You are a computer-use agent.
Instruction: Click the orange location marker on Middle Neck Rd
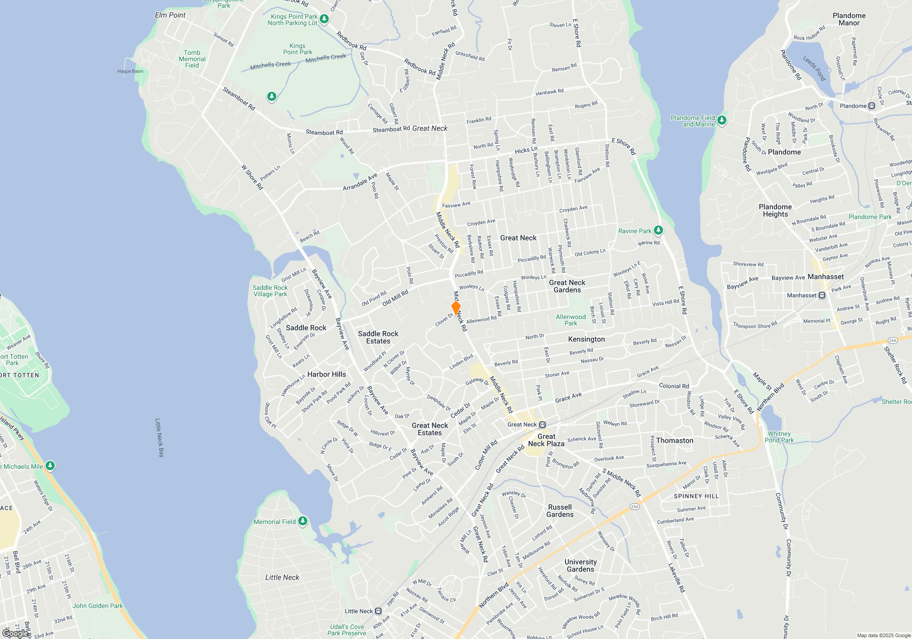[456, 307]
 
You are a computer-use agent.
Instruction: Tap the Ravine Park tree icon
[658, 230]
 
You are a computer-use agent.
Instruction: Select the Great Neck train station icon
[542, 424]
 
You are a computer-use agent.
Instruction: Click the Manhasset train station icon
[822, 295]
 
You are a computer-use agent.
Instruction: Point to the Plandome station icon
[871, 106]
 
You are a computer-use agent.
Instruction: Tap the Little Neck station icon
[378, 611]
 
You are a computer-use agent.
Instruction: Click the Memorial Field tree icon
[302, 521]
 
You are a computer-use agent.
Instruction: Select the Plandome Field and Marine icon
[721, 120]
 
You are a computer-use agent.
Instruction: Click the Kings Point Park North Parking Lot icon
[324, 19]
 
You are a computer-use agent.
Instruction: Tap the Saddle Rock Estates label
[378, 337]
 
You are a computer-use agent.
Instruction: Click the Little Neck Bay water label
[160, 437]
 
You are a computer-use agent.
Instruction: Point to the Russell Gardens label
[560, 511]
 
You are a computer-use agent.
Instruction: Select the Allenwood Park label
[570, 320]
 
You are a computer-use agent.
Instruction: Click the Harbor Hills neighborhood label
[326, 374]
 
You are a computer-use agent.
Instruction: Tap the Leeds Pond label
[814, 68]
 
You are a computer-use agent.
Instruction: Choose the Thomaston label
[674, 440]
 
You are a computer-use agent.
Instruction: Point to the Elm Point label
[170, 15]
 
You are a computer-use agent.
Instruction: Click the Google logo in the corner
[16, 634]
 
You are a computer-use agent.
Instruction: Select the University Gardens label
[580, 566]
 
